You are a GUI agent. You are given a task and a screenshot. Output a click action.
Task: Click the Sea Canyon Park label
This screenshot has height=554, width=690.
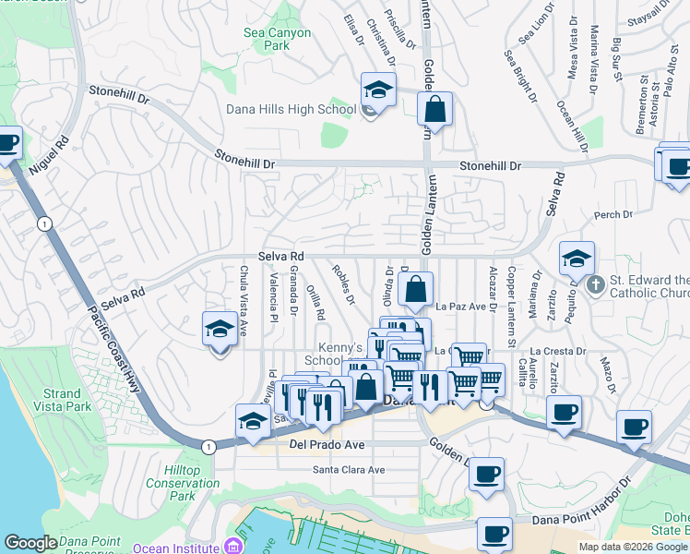(x=266, y=38)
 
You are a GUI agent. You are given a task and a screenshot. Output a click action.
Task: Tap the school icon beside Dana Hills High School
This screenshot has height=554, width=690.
(x=377, y=90)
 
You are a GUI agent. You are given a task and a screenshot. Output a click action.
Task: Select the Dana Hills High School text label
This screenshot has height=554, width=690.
(x=291, y=110)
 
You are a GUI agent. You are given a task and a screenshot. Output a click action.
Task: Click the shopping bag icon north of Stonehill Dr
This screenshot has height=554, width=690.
(x=435, y=108)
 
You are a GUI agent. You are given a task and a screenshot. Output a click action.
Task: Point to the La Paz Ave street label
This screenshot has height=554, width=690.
(x=460, y=306)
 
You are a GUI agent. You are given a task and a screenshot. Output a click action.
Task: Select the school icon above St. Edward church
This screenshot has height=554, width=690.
(x=577, y=259)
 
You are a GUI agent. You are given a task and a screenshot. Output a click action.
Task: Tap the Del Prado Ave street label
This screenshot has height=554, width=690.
(x=327, y=445)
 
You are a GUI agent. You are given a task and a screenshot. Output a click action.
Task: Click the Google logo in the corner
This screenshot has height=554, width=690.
(x=30, y=543)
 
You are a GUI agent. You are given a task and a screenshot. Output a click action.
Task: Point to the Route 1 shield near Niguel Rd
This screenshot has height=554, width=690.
(x=42, y=223)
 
